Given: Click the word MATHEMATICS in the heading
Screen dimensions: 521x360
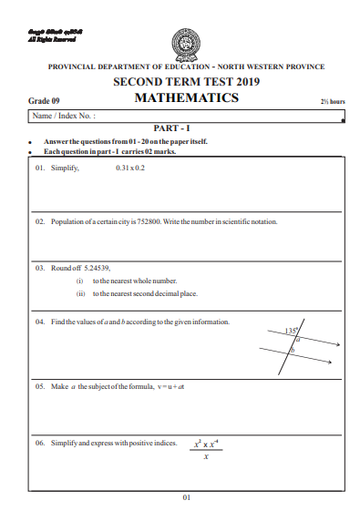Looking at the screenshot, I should point(186,98).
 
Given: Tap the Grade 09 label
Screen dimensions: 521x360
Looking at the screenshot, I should point(43,102).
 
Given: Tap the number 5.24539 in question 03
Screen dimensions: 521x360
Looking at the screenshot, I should point(93,269).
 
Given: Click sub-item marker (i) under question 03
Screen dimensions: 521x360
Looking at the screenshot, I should point(80,281).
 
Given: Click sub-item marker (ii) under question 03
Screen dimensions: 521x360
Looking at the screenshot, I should point(80,294).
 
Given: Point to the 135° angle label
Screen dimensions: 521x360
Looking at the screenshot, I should point(292,331).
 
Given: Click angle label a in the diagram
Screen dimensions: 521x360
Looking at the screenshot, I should point(297,338).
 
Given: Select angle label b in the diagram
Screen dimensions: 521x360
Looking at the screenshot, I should point(292,350).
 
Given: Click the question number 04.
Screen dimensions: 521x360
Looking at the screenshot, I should point(40,322).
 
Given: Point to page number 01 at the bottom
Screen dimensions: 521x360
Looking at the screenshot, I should point(186,497).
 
